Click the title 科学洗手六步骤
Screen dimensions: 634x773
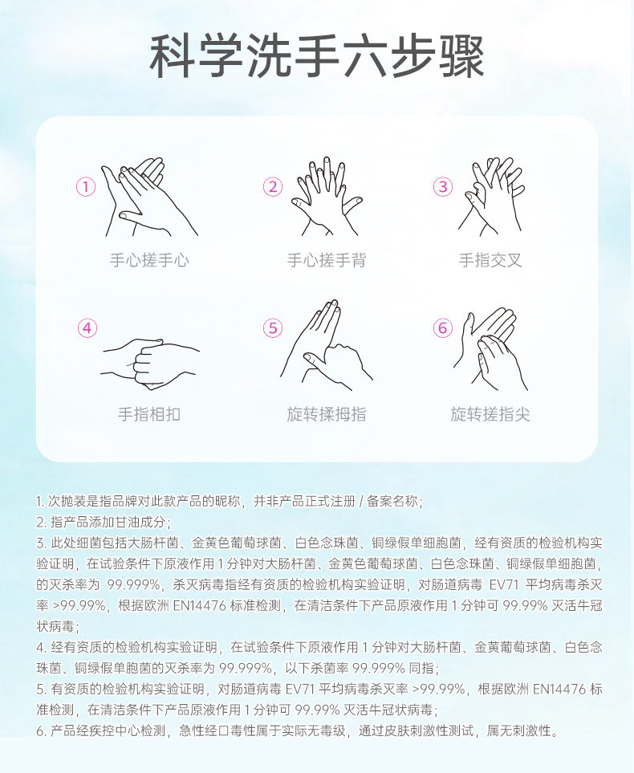pyautogui.click(x=317, y=56)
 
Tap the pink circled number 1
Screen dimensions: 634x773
pyautogui.click(x=86, y=187)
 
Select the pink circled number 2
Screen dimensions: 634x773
pyautogui.click(x=273, y=187)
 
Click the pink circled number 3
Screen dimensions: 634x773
pyautogui.click(x=443, y=187)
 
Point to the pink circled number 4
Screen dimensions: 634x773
pyautogui.click(x=87, y=328)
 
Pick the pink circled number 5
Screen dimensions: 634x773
pyautogui.click(x=273, y=328)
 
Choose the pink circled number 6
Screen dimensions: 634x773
pyautogui.click(x=443, y=328)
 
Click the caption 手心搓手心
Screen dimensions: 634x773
pyautogui.click(x=149, y=260)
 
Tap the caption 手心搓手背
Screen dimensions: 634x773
pyautogui.click(x=327, y=260)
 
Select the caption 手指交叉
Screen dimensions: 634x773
pyautogui.click(x=490, y=260)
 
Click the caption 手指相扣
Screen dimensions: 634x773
pyautogui.click(x=149, y=414)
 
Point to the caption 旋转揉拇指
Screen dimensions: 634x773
pyautogui.click(x=327, y=414)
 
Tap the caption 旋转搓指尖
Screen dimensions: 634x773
pyautogui.click(x=490, y=414)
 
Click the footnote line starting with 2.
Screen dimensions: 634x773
pyautogui.click(x=104, y=522)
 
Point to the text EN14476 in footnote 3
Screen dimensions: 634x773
pyautogui.click(x=199, y=605)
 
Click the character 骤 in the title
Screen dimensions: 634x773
pyautogui.click(x=462, y=56)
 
